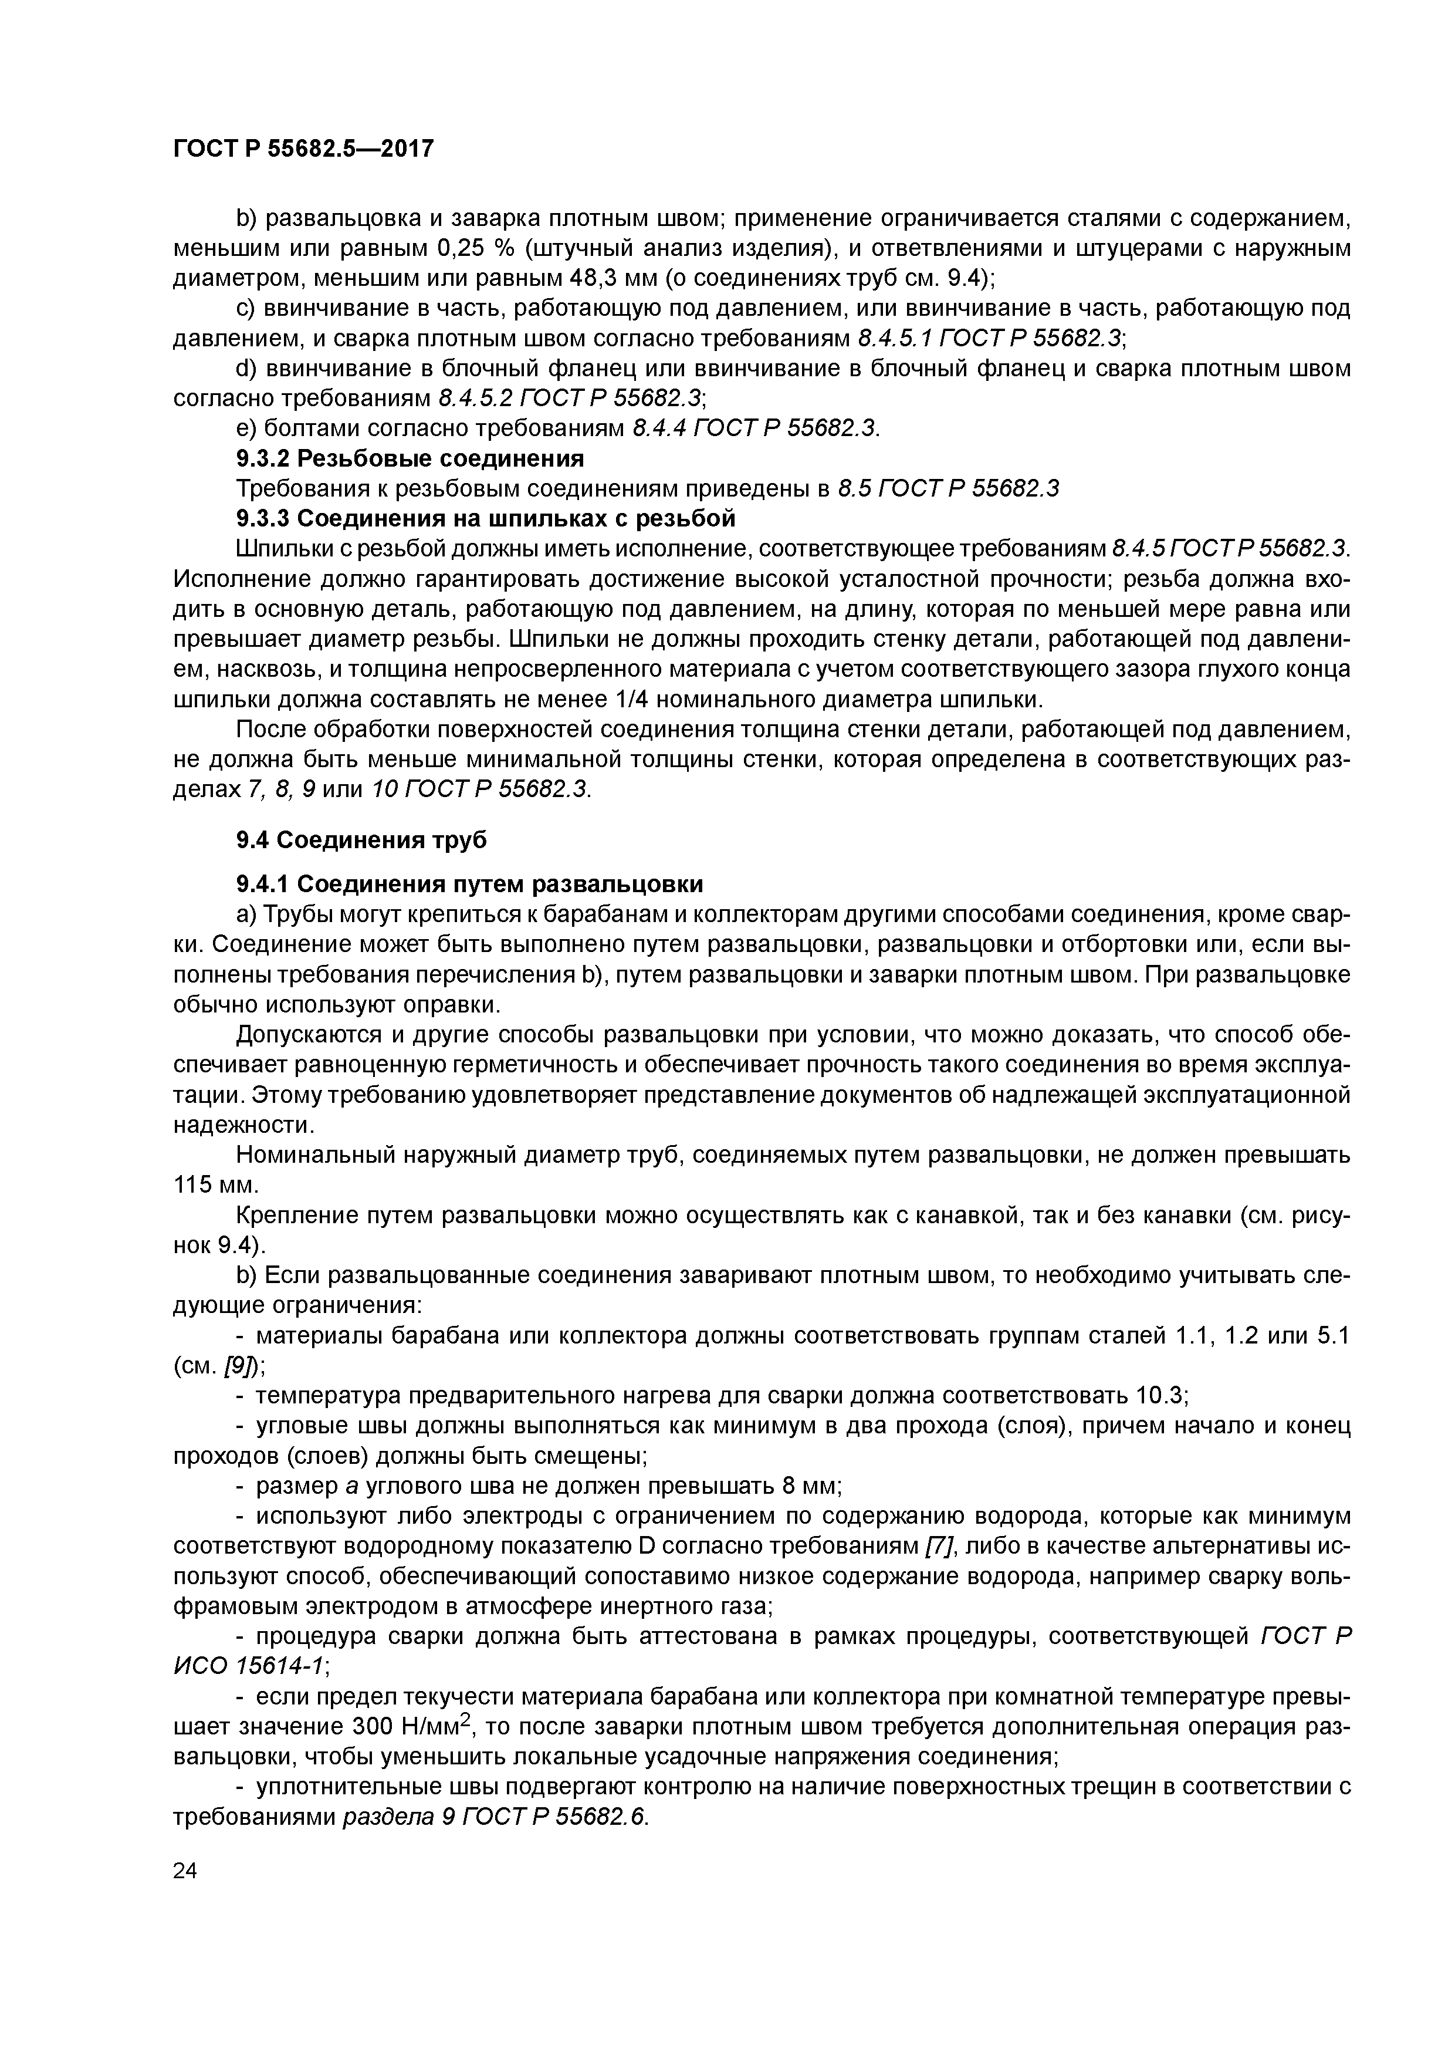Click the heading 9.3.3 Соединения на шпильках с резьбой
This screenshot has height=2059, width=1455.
click(x=485, y=518)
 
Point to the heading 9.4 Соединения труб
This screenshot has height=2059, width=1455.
click(x=361, y=841)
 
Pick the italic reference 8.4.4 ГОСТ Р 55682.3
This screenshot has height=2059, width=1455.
click(x=755, y=428)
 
